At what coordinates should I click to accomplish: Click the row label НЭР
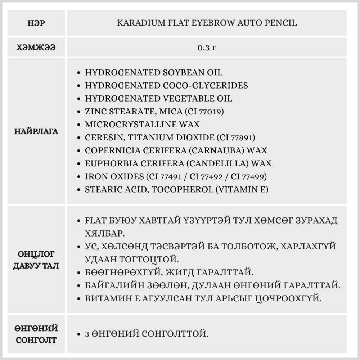coord(36,23)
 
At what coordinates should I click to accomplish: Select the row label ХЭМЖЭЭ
coord(36,48)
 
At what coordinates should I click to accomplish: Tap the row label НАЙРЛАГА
coord(36,131)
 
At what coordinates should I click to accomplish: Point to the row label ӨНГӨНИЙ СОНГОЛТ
coord(36,334)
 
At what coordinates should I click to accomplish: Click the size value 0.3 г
coord(207,48)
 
